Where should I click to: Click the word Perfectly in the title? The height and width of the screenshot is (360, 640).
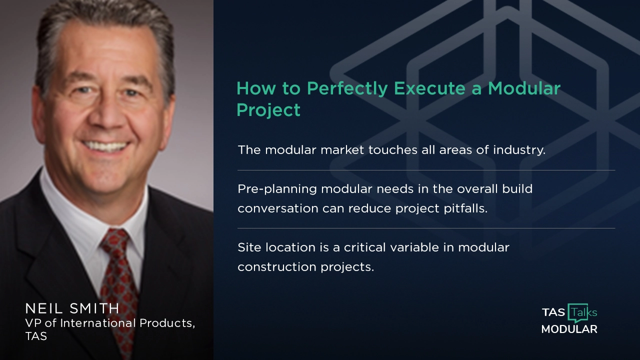tap(347, 88)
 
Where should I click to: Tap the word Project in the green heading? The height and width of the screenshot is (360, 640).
tap(268, 110)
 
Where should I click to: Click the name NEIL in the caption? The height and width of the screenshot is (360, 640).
tap(42, 308)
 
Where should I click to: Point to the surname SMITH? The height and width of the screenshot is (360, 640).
tap(95, 308)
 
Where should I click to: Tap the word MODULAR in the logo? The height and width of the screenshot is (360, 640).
tap(569, 329)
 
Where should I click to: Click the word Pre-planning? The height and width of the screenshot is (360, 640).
tap(277, 189)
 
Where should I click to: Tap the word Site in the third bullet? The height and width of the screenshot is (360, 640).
tap(248, 247)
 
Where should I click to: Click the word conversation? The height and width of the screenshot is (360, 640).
tap(277, 208)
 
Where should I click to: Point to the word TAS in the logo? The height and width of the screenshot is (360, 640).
tap(553, 312)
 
